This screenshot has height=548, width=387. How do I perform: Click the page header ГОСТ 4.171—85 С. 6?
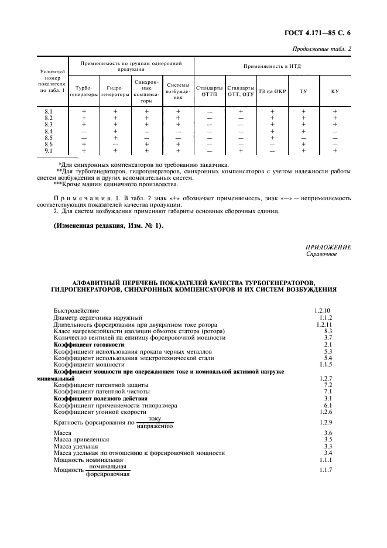[318, 35]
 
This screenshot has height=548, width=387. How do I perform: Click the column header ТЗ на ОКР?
[272, 91]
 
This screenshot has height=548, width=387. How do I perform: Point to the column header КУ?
[335, 91]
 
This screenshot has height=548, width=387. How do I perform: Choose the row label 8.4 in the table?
[49, 131]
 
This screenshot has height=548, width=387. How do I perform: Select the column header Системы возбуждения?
[177, 90]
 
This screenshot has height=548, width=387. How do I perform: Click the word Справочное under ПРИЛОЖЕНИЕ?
[321, 254]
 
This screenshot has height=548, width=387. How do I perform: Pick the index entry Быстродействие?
[77, 310]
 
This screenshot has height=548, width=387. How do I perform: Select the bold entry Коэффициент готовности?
[89, 345]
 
